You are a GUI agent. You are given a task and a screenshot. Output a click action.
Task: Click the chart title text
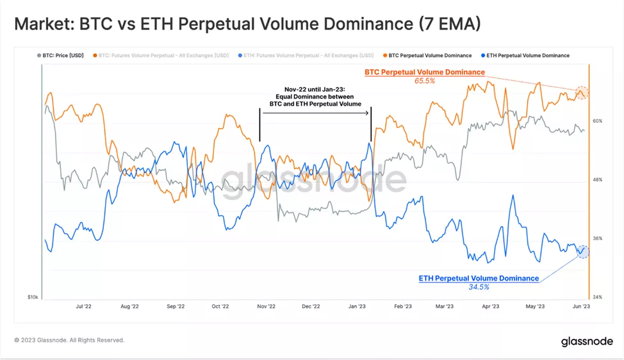point(247,24)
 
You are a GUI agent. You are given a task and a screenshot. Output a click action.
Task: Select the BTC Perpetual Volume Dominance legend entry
point(430,56)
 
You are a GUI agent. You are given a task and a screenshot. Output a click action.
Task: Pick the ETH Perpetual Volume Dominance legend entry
point(528,56)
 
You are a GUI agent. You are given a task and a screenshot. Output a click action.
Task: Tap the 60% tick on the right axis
point(597,120)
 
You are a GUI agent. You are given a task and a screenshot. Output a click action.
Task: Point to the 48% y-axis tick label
point(597,179)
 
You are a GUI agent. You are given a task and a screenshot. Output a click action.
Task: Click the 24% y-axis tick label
point(597,297)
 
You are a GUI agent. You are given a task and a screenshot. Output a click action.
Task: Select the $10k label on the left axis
point(32,297)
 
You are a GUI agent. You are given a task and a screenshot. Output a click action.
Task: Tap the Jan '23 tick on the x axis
point(356,307)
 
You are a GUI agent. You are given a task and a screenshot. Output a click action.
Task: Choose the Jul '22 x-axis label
point(83,307)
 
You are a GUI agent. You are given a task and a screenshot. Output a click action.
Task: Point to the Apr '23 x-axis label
point(490,307)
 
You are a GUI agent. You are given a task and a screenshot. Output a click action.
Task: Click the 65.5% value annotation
point(425,81)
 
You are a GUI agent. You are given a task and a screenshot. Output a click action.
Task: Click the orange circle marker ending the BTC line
point(581,93)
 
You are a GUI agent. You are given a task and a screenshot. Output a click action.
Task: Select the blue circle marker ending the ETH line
point(582,251)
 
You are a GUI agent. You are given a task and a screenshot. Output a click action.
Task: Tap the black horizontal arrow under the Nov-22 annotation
point(315,113)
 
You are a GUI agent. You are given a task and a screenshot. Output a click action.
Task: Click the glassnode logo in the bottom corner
point(586,341)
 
